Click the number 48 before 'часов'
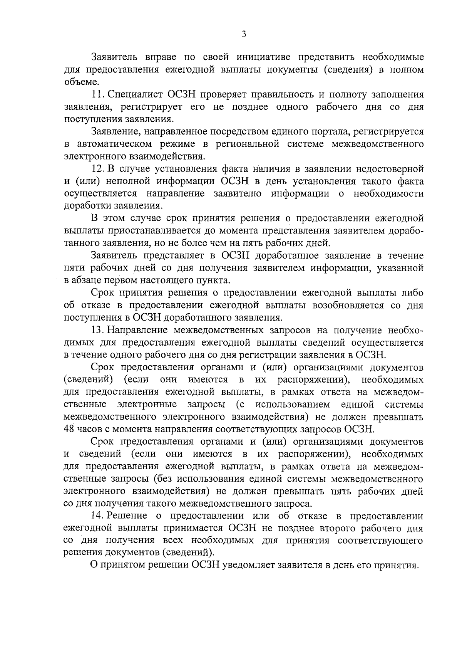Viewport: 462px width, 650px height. (69, 429)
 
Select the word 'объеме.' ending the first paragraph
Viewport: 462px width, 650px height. (77, 82)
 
